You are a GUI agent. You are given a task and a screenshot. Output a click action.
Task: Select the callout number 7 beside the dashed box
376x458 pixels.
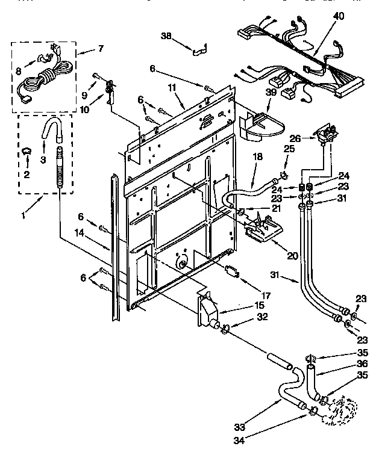tap(100, 49)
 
